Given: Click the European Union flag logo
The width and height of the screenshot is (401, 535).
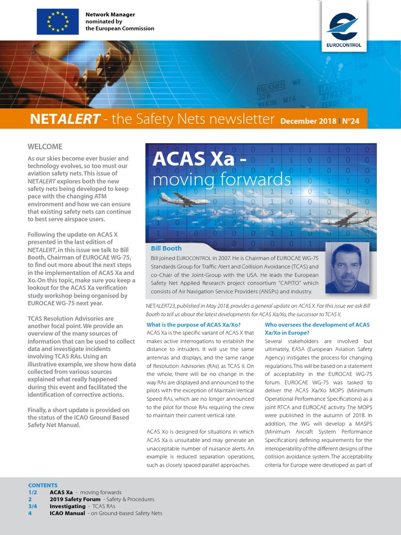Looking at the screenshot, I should point(57,21).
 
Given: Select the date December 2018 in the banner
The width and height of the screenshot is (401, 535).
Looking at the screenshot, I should point(308,121).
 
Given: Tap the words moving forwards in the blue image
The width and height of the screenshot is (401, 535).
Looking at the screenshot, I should point(221,179).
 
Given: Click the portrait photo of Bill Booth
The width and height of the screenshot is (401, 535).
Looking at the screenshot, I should point(347,268).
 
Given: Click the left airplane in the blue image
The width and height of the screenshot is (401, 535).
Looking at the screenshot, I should point(178,199).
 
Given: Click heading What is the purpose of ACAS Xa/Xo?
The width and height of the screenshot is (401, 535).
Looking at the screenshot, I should point(194,325).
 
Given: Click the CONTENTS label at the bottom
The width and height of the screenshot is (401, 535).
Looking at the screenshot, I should point(43,485).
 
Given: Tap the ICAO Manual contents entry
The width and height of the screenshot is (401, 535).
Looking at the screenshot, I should point(67,513).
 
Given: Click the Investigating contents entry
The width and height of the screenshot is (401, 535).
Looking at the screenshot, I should point(67,506).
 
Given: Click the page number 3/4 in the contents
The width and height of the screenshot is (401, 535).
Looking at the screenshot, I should point(33,506).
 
